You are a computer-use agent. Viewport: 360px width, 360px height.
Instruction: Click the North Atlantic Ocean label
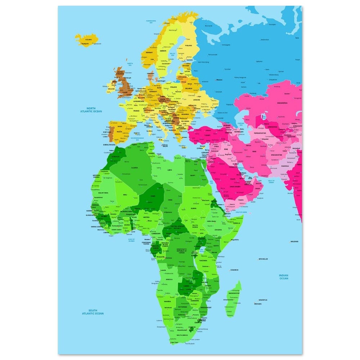91,110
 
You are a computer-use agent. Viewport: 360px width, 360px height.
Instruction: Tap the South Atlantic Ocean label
93,312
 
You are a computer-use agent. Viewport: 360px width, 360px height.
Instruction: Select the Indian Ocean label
284,277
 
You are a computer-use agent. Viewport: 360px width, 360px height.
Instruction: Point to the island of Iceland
86,40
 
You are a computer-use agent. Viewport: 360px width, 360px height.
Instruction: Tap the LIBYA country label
170,170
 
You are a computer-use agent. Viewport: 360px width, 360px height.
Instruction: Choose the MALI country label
125,194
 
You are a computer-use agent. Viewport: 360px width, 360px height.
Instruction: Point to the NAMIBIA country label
167,301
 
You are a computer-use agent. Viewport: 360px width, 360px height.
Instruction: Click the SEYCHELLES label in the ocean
263,259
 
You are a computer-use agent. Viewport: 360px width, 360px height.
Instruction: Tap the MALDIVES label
294,241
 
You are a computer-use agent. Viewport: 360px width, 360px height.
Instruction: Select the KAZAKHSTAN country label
282,103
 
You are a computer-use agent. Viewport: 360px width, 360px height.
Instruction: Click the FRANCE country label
136,111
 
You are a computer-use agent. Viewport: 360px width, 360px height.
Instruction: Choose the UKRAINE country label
196,100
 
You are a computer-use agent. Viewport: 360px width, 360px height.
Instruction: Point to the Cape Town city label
174,342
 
